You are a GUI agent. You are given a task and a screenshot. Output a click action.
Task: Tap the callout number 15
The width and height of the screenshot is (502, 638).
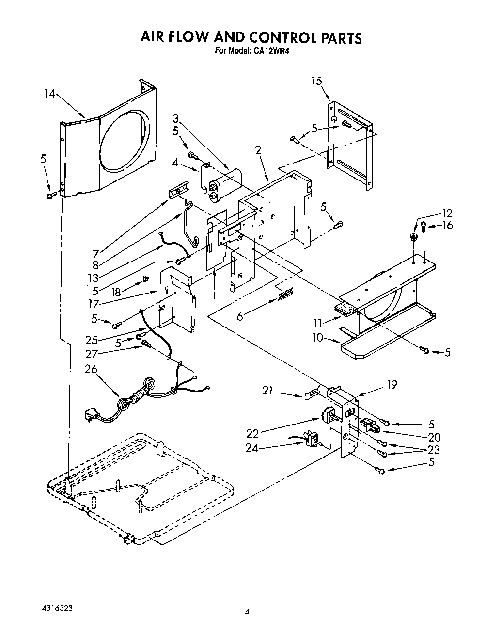316,81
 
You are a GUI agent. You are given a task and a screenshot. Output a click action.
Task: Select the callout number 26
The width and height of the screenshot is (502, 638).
91,369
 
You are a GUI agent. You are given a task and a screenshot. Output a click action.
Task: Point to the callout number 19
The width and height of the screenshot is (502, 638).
392,385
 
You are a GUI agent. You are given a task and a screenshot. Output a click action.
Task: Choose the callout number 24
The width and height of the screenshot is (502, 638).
252,448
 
